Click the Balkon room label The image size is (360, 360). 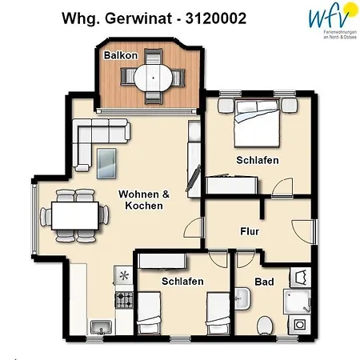[x=120, y=56]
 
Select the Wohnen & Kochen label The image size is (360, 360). [x=145, y=200]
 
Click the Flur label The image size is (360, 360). [x=249, y=232]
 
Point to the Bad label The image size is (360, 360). [x=264, y=282]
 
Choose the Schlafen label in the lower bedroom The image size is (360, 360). [x=182, y=282]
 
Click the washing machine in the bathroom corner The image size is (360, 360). [x=299, y=326]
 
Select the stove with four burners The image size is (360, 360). [x=124, y=301]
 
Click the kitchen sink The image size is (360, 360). [x=101, y=326]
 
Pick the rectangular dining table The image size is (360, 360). [x=75, y=214]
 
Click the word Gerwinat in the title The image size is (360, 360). [x=134, y=17]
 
